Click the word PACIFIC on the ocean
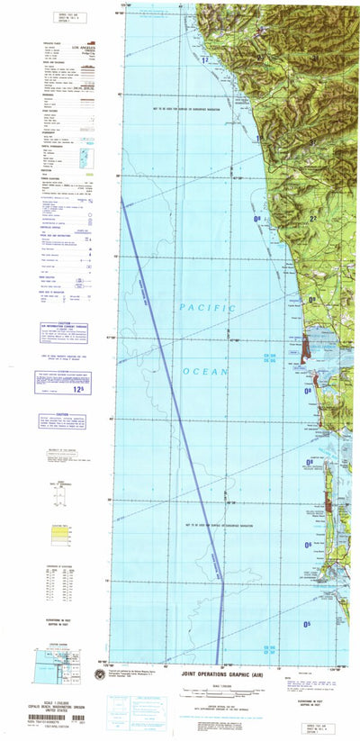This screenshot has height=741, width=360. tap(208, 308)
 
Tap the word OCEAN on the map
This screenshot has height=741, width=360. tap(209, 346)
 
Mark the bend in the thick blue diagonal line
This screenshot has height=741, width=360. tap(222, 559)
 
